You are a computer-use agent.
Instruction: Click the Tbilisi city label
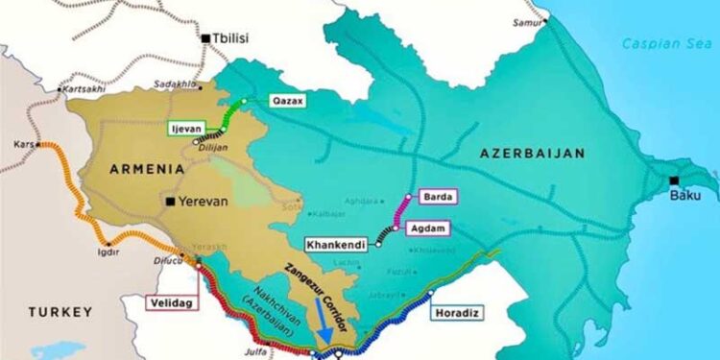click(x=229, y=38)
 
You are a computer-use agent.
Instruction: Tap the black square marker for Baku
click(x=674, y=180)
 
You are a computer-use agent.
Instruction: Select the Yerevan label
click(x=205, y=202)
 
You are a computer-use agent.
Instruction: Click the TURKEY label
click(x=60, y=312)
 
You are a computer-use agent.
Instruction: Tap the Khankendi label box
click(x=336, y=245)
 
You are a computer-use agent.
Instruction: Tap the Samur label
click(x=528, y=21)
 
